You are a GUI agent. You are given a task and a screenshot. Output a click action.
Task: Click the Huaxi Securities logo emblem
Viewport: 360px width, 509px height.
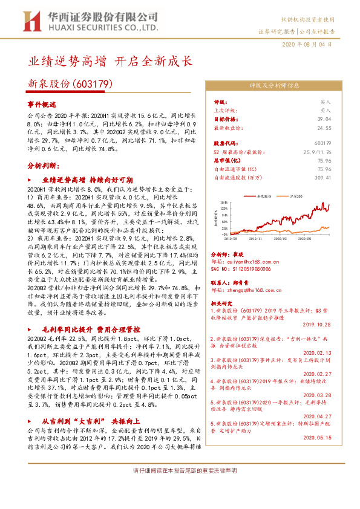pyautogui.click(x=31, y=21)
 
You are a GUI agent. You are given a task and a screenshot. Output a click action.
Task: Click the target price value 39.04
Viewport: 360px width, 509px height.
pyautogui.click(x=324, y=120)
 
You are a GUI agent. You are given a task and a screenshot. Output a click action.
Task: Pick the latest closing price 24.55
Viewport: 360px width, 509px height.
pyautogui.click(x=324, y=128)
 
